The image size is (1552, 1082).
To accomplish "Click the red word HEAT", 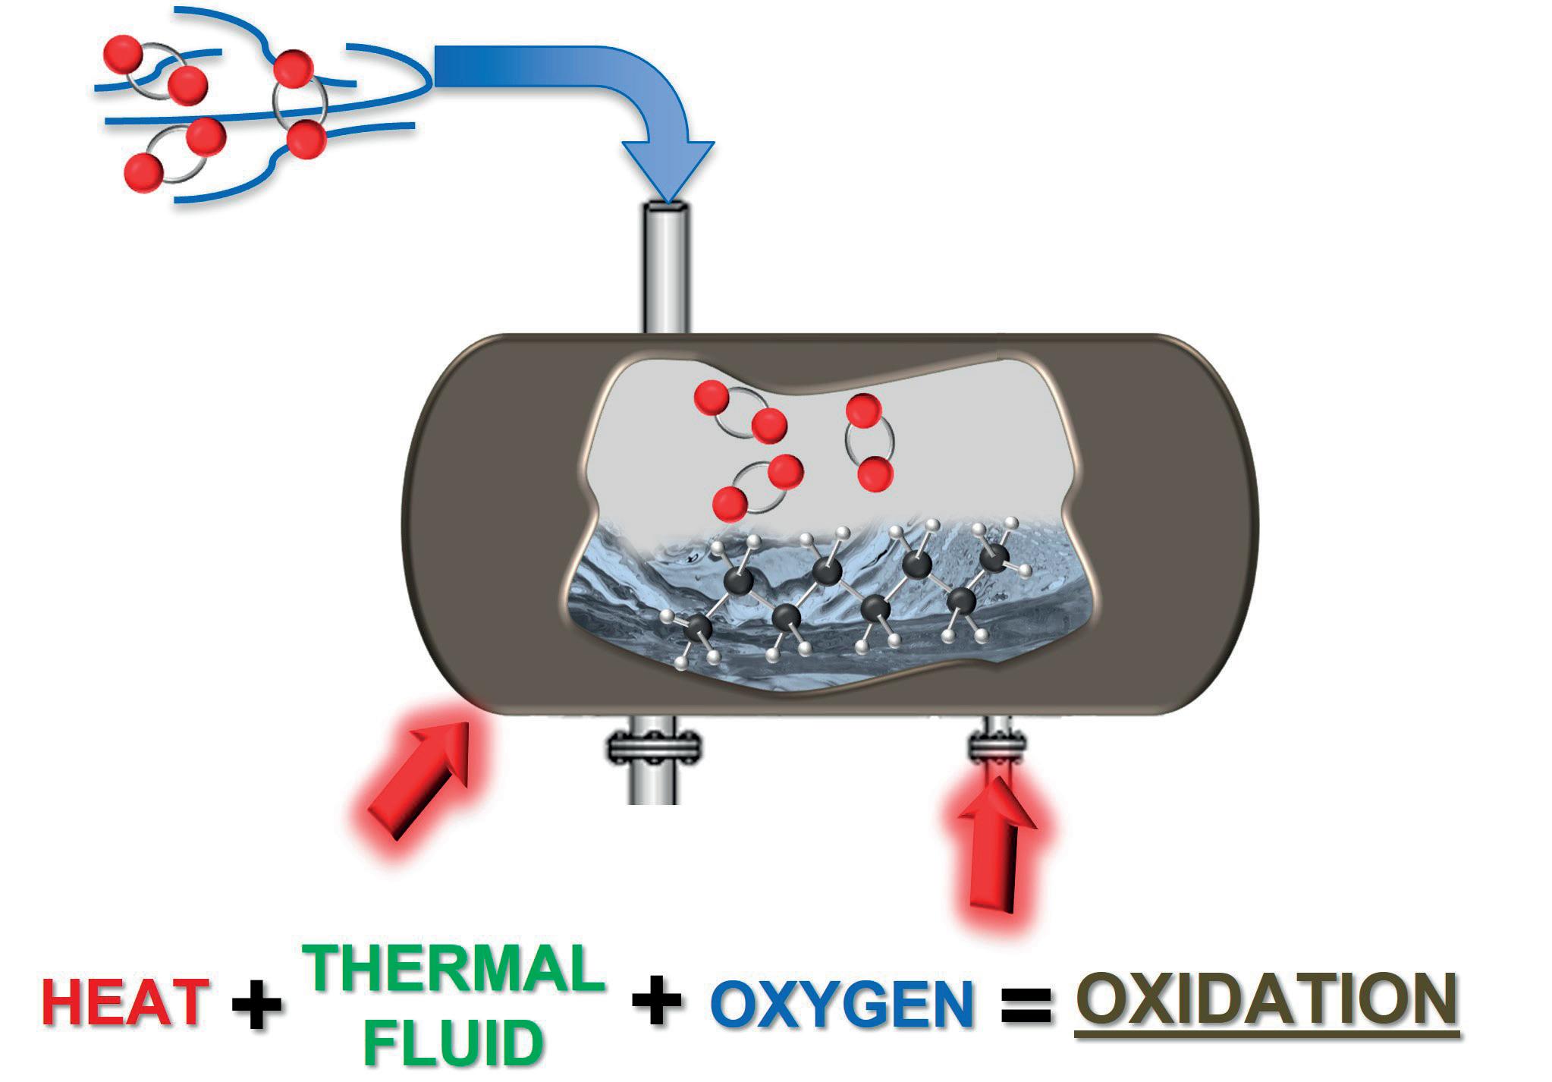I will (x=125, y=1002).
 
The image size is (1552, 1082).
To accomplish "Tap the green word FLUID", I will (x=454, y=1043).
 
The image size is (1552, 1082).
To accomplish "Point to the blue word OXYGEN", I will (x=842, y=1004).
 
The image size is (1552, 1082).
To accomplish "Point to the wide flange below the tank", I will (x=653, y=748).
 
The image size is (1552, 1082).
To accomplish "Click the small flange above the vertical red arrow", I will (x=997, y=747).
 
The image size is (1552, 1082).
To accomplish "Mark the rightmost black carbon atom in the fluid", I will (x=994, y=560).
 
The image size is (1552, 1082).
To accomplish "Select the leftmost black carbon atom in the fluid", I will (x=699, y=627).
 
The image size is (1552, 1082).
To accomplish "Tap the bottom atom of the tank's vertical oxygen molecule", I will (x=875, y=474).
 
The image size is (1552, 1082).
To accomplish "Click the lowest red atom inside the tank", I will (x=730, y=503).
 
